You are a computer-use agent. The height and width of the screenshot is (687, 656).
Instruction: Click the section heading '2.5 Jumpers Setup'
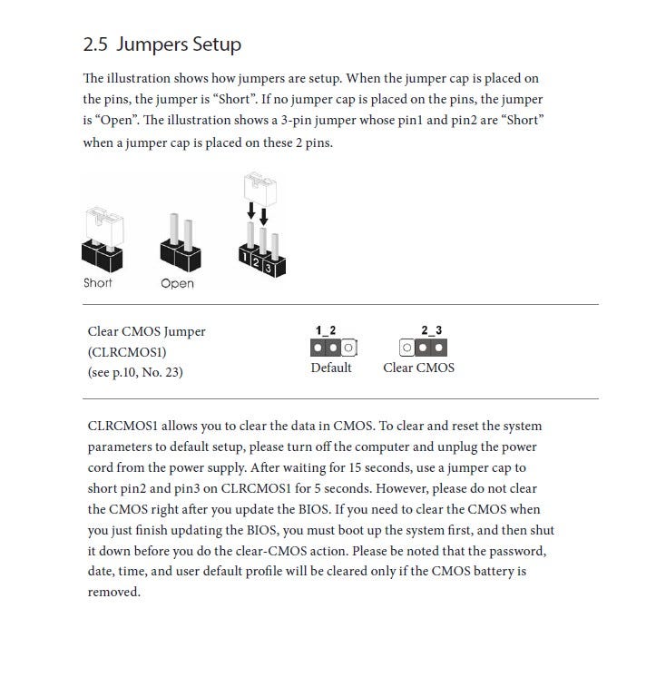[162, 44]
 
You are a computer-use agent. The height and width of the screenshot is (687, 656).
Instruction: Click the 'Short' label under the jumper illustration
[98, 283]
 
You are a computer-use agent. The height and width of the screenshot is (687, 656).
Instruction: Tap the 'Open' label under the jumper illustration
[177, 283]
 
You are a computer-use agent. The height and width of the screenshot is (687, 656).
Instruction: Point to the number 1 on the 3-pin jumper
[244, 257]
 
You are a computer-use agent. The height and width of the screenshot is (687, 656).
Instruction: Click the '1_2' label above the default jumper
[326, 330]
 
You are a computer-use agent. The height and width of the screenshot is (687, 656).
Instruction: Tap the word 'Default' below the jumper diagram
[331, 368]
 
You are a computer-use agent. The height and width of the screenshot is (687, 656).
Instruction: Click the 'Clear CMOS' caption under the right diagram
[418, 368]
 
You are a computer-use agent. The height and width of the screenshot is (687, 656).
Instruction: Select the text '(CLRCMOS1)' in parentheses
[127, 351]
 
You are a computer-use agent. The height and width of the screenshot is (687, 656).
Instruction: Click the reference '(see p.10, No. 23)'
[135, 371]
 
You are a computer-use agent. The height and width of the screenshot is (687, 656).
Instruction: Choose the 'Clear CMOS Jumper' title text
[146, 331]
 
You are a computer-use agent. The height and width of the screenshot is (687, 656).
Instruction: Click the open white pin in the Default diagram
[348, 348]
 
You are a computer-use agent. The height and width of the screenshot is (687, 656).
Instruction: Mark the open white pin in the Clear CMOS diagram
[407, 348]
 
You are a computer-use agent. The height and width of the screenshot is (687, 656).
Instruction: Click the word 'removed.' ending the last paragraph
[113, 592]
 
